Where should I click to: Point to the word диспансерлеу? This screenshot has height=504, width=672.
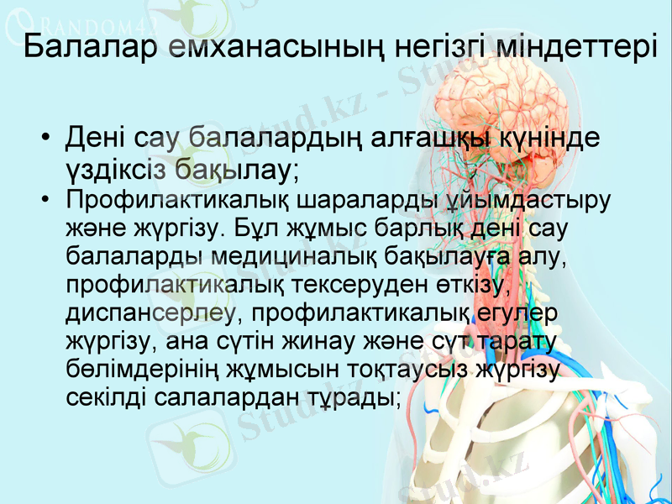point(151,312)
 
